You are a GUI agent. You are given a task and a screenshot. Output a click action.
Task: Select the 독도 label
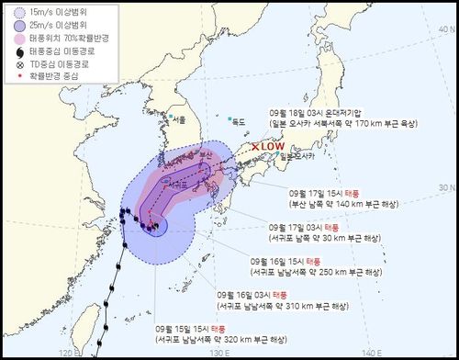[x=241, y=120]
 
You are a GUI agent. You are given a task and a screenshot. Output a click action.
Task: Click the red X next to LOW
[x=256, y=146]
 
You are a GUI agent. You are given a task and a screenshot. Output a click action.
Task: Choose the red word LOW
[x=274, y=146]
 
